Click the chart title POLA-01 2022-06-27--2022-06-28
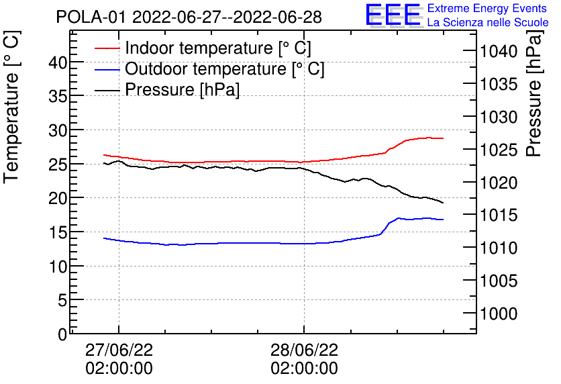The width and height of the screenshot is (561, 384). point(189,17)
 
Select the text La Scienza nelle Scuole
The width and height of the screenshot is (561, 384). point(488,23)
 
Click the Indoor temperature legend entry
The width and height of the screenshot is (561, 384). point(217,48)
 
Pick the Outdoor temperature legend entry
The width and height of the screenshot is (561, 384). point(224,69)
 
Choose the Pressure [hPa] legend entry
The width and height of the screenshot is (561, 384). point(182,90)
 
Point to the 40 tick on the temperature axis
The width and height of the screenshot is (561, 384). point(58,62)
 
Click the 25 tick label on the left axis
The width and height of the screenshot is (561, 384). point(58,164)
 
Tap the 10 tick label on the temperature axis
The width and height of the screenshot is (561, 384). point(58,267)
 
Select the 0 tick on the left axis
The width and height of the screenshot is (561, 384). point(62,334)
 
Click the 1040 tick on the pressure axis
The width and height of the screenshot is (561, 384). point(498,52)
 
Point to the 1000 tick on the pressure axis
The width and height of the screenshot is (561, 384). point(498,314)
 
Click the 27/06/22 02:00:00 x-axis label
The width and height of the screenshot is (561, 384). point(119,359)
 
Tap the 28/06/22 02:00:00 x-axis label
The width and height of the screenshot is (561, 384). point(304,359)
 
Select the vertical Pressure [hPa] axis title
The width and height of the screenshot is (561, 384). point(534,107)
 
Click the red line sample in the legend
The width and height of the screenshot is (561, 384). point(107,48)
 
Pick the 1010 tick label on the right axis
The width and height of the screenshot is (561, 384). point(498,248)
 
